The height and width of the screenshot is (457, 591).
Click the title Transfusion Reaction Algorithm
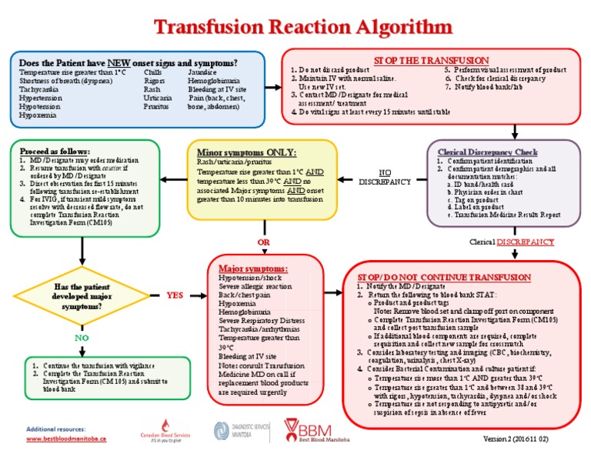pyautogui.click(x=295, y=27)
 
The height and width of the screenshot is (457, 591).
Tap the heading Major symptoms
pyautogui.click(x=253, y=267)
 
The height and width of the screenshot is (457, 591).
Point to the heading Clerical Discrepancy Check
pyautogui.click(x=487, y=152)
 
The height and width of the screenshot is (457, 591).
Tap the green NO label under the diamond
pyautogui.click(x=81, y=338)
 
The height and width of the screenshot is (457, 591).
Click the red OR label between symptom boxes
pyautogui.click(x=262, y=242)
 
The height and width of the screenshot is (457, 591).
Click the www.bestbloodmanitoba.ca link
pyautogui.click(x=66, y=438)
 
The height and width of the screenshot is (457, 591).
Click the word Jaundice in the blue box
pyautogui.click(x=201, y=72)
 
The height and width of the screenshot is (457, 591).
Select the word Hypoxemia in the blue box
pyautogui.click(x=37, y=115)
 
